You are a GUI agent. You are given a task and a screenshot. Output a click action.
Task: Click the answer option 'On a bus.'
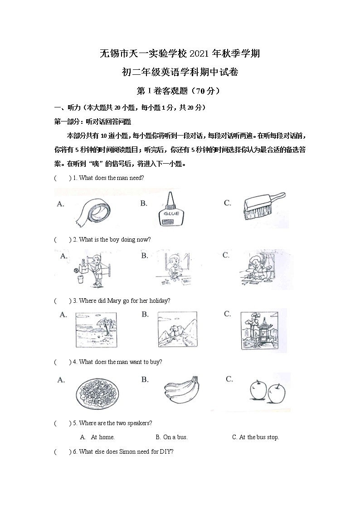[171, 437]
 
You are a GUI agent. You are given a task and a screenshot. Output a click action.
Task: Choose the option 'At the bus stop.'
[255, 437]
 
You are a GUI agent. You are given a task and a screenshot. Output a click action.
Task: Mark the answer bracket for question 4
[63, 362]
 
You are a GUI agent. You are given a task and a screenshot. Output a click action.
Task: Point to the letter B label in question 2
[145, 256]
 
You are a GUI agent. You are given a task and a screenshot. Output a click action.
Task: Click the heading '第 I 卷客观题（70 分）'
[180, 91]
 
